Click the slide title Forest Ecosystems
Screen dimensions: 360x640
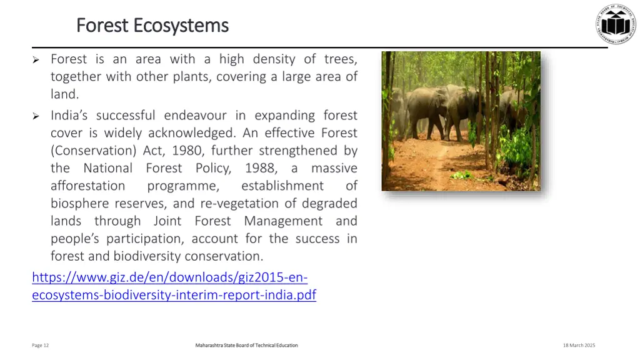(152, 26)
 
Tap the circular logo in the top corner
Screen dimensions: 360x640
(615, 24)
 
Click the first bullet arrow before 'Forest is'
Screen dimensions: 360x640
(36, 60)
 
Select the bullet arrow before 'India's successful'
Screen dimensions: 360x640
(36, 116)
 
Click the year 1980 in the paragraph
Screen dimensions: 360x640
(187, 151)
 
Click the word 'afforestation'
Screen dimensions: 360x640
(87, 186)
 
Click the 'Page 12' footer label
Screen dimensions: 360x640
(41, 346)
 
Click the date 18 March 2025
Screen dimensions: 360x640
(579, 346)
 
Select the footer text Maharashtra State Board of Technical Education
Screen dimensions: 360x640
(246, 346)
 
